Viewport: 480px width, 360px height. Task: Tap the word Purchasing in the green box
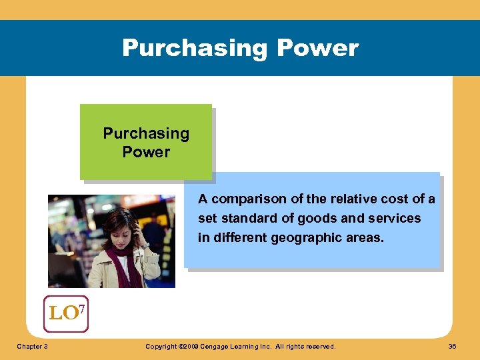click(146, 133)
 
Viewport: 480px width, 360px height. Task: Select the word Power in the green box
click(146, 152)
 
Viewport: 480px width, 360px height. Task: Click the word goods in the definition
click(319, 219)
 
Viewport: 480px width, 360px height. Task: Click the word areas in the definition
click(365, 237)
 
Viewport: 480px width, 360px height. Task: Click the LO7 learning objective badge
click(65, 313)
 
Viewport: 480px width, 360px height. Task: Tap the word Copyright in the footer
click(162, 347)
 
